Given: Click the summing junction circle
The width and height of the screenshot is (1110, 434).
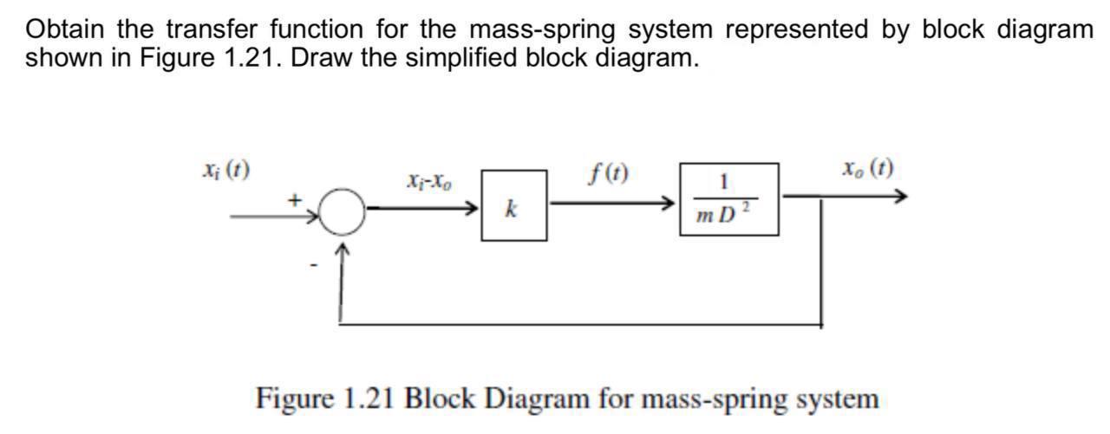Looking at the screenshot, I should [x=344, y=211].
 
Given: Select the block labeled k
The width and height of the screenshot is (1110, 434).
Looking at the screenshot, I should [x=514, y=206].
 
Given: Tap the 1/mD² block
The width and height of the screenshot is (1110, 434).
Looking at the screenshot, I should [x=728, y=199].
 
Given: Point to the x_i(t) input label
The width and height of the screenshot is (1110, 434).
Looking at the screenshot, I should [x=224, y=169].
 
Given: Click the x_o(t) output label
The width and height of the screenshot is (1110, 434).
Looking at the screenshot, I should [x=867, y=166].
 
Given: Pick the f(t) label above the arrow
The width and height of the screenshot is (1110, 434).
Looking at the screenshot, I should [x=608, y=175].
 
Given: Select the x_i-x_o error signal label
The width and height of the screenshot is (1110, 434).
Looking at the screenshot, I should [x=428, y=183].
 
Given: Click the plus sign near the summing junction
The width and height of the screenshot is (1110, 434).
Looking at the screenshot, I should [x=296, y=199].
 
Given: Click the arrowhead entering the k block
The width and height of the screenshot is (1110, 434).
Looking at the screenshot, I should [x=473, y=209].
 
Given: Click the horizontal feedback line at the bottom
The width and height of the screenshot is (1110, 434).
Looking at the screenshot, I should [x=581, y=325].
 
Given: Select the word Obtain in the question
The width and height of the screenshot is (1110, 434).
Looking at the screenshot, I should [x=65, y=29].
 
